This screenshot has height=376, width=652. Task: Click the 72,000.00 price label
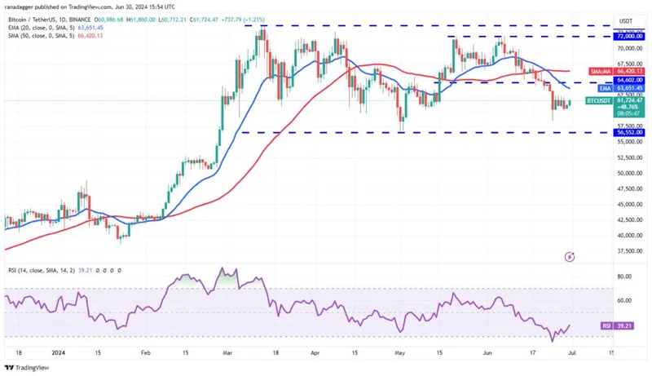pyautogui.click(x=630, y=37)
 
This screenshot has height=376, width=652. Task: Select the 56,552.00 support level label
pyautogui.click(x=630, y=132)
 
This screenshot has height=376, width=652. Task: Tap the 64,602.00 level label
pyautogui.click(x=630, y=80)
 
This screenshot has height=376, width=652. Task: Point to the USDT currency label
pyautogui.click(x=626, y=20)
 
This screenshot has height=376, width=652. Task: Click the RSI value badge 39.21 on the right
pyautogui.click(x=628, y=325)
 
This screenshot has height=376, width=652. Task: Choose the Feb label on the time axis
pyautogui.click(x=146, y=352)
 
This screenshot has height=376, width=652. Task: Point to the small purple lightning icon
pyautogui.click(x=570, y=256)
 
